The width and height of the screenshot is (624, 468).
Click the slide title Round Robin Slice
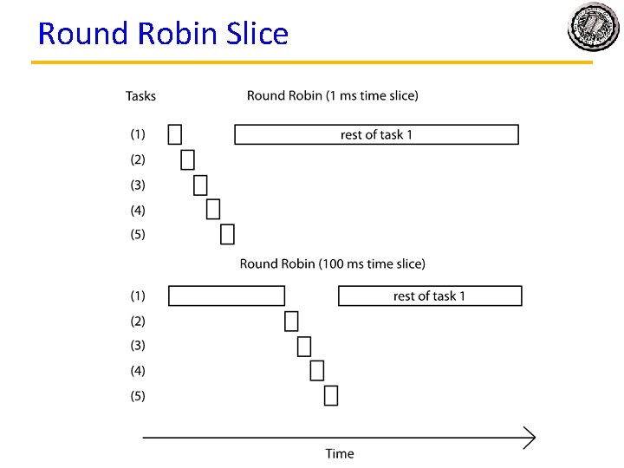[163, 34]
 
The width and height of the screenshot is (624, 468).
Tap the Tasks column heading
[140, 95]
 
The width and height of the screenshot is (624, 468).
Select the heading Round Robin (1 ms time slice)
[332, 95]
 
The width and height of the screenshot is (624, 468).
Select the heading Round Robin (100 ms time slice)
[333, 263]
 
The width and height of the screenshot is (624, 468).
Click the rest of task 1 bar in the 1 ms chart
[376, 134]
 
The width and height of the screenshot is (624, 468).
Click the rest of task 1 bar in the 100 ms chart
[429, 296]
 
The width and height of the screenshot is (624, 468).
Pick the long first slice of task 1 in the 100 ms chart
[226, 296]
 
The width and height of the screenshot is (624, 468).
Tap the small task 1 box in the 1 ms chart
[175, 133]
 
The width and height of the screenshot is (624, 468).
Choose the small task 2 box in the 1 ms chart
[188, 159]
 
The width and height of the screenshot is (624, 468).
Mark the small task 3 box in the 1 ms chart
[201, 185]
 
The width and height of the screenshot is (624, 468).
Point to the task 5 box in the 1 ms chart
[227, 234]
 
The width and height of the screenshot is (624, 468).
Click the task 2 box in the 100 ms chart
[291, 321]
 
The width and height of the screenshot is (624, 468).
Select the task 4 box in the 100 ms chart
[317, 370]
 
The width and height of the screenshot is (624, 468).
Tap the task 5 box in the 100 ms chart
[331, 395]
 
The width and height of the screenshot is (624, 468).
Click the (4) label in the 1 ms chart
[138, 210]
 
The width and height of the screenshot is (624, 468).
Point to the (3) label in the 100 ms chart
[138, 345]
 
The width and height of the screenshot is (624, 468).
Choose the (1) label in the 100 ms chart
[138, 296]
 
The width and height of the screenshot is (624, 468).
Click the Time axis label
[340, 453]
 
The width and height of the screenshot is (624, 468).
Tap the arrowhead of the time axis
[528, 439]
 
